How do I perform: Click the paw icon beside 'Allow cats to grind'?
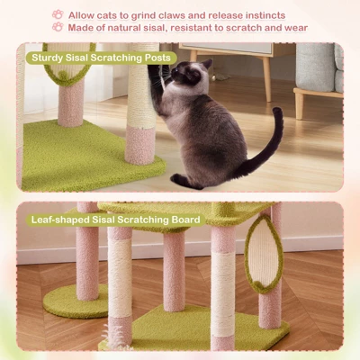coord(58,14)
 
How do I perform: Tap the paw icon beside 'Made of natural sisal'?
coord(58,28)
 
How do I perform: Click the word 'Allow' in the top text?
coord(83,15)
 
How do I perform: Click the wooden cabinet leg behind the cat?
coord(266,80)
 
